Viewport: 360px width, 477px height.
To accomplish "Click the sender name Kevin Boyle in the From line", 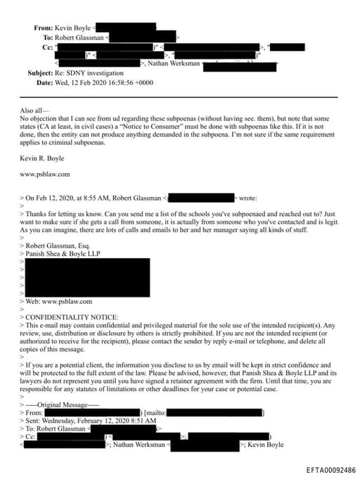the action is [75, 27].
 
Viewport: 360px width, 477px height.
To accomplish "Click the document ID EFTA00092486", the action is [330, 469].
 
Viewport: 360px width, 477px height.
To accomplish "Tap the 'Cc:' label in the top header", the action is [47, 46].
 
